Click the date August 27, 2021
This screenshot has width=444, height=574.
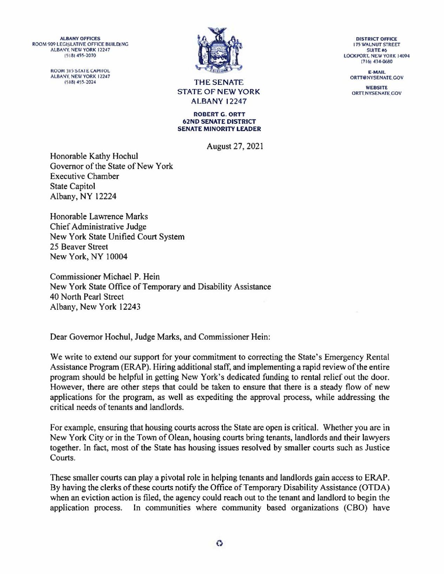[235, 146]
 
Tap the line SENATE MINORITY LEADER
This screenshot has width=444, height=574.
[220, 129]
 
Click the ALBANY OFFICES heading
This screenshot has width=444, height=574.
[80, 39]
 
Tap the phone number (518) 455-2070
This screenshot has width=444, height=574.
[80, 56]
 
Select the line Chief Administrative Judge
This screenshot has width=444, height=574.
[98, 227]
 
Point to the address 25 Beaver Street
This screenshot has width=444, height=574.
[79, 247]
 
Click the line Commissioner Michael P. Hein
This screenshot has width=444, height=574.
[105, 277]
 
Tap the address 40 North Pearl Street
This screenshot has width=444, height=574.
[87, 297]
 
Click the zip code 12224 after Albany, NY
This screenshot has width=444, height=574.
[106, 196]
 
